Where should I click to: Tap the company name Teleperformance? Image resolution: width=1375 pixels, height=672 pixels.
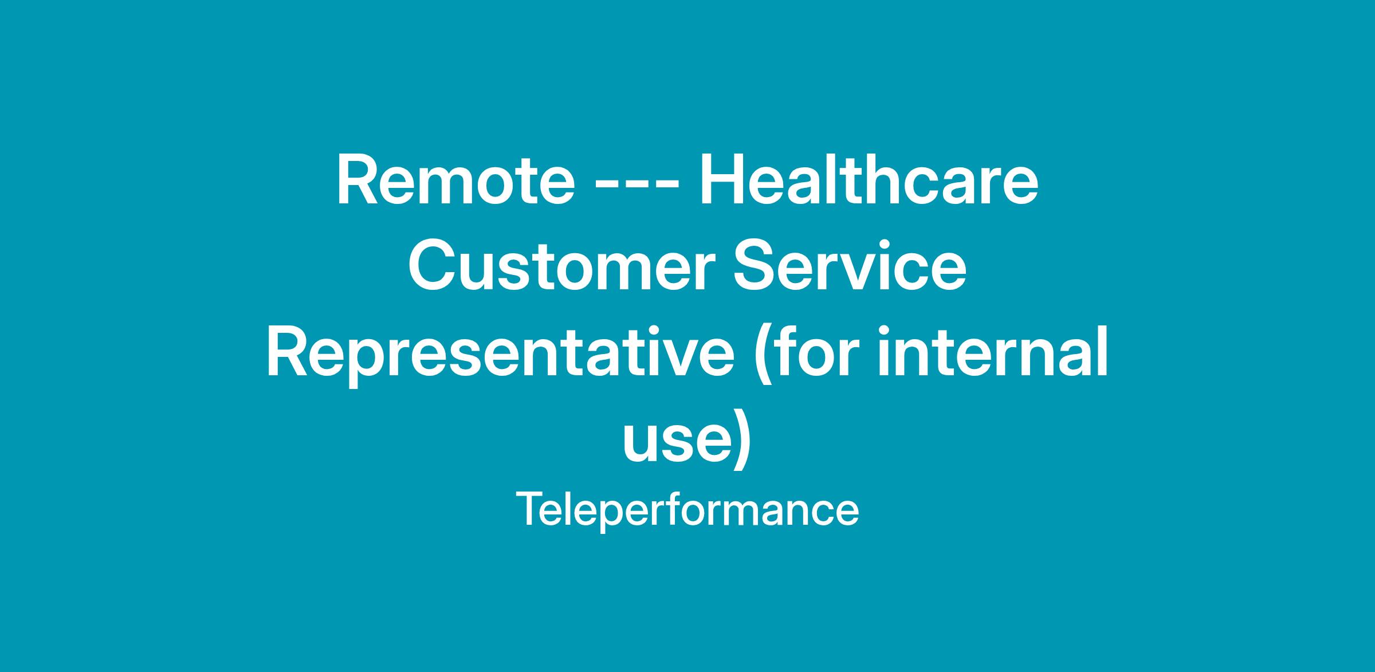[687, 509]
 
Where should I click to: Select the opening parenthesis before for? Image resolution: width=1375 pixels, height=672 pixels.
[762, 355]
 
